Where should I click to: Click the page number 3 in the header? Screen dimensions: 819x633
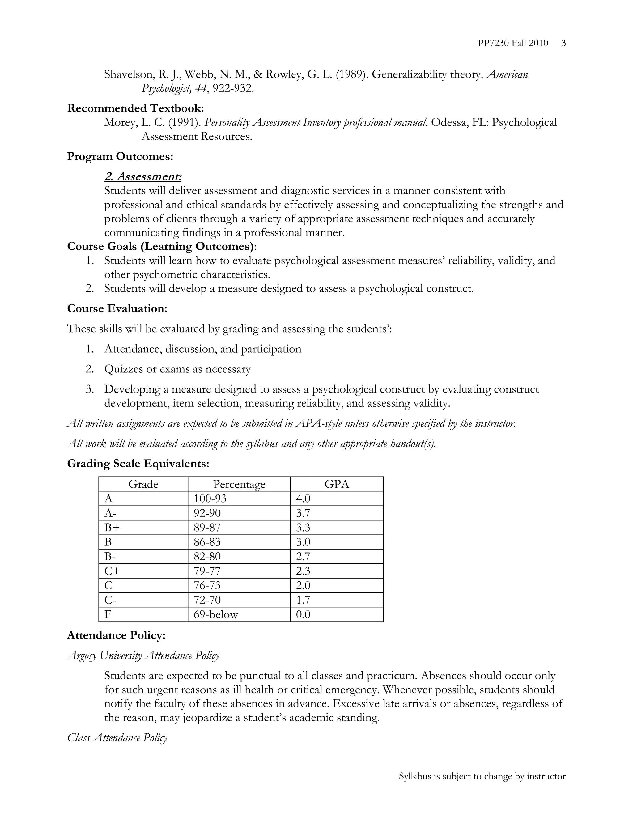563,44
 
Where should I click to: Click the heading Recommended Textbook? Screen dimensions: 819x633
135,108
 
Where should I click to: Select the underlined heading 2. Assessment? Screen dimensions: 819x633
142,176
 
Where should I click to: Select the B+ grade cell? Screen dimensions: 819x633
112,528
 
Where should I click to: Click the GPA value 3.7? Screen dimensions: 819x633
303,513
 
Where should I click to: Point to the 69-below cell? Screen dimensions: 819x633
216,615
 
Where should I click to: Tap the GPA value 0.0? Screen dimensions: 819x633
303,615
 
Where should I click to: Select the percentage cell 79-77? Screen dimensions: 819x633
207,571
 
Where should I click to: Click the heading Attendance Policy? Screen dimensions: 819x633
116,635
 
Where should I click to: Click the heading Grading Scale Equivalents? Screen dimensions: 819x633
138,464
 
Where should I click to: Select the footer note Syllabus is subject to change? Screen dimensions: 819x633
482,776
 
